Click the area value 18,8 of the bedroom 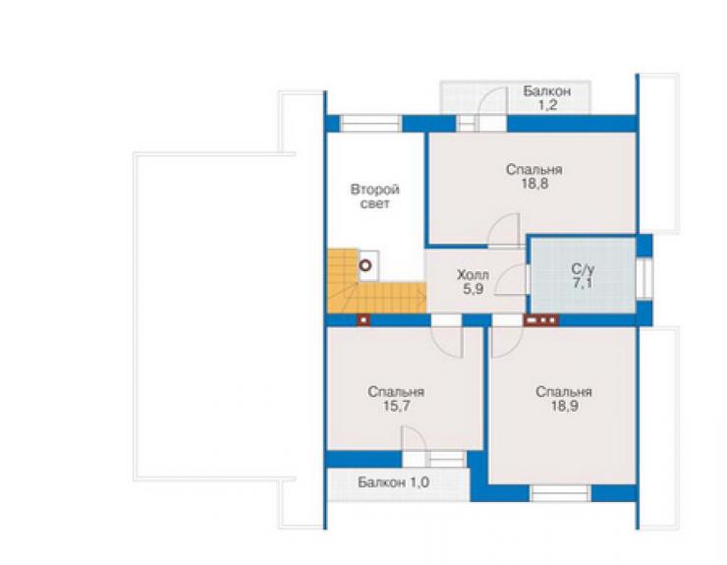click(534, 184)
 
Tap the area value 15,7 click(397, 407)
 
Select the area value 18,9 click(564, 407)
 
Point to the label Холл click(473, 274)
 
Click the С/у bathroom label click(583, 268)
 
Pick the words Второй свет click(375, 197)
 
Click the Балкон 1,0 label click(393, 482)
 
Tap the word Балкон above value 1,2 click(547, 91)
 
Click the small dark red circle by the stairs click(365, 266)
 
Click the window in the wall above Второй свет click(370, 124)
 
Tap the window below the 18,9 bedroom click(560, 493)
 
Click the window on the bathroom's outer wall click(644, 278)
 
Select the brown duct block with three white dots click(541, 320)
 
